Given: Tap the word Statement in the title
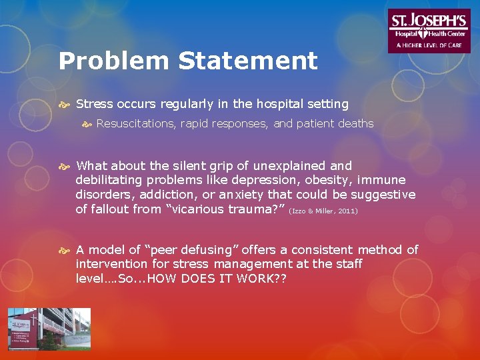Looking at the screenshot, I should tap(248, 61).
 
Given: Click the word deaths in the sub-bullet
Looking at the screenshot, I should tap(356, 123).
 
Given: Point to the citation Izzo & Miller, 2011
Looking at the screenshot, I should tap(324, 211).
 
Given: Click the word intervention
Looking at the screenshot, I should tap(111, 264).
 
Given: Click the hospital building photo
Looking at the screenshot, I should tap(49, 329).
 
